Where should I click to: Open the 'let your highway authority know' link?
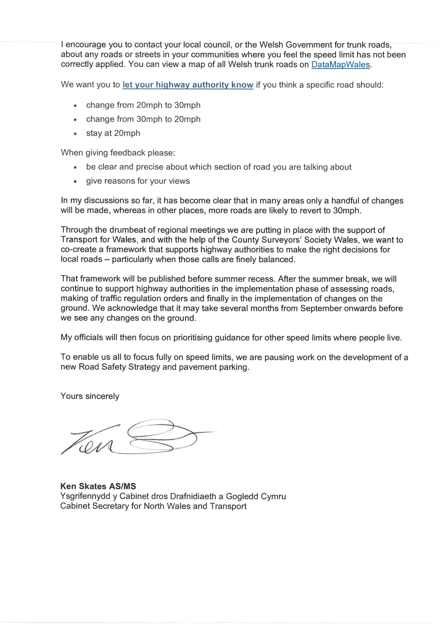188,85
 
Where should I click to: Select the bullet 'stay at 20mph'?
113,133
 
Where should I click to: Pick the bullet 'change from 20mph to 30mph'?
143,105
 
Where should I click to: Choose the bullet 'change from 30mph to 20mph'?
143,119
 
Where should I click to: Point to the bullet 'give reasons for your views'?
138,181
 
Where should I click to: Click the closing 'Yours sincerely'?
90,396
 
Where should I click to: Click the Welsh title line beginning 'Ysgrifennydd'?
173,496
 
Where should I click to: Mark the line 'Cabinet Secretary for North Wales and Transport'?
153,506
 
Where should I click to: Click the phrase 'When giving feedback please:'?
118,153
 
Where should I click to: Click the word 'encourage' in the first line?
86,45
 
